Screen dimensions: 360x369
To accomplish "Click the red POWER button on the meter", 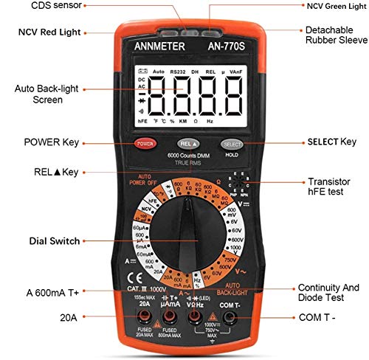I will [x=144, y=142].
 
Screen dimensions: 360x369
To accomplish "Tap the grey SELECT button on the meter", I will [x=232, y=143].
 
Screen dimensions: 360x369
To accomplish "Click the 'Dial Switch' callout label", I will [x=54, y=240].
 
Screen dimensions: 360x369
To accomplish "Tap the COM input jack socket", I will [x=231, y=318].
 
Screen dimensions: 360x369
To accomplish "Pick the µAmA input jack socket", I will [x=169, y=318].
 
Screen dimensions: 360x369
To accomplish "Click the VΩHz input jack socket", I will [x=196, y=318].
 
